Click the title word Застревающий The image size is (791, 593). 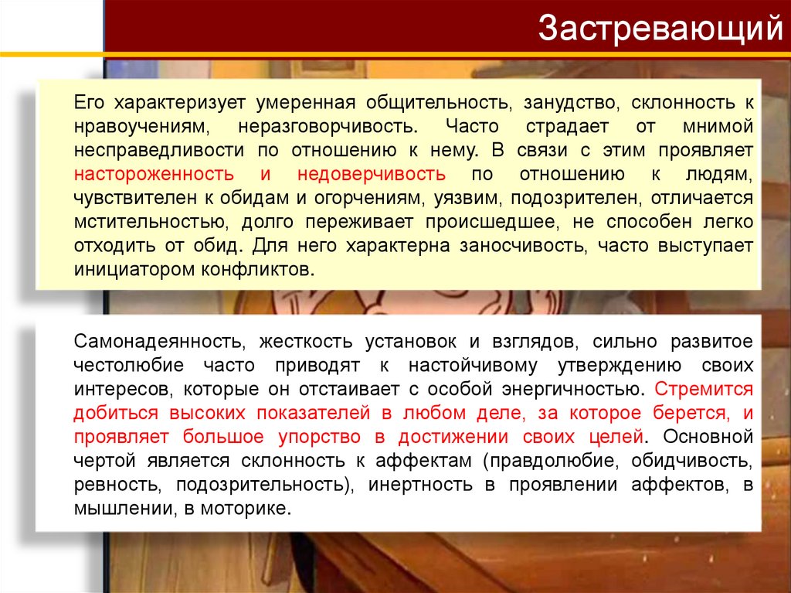(660, 29)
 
